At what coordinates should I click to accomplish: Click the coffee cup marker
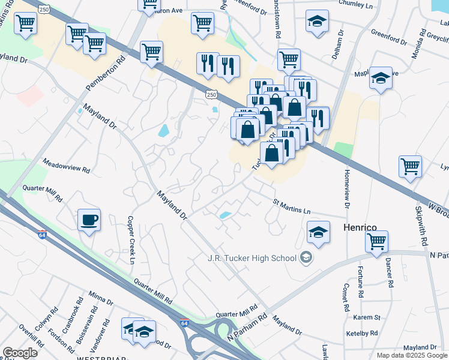point(89,220)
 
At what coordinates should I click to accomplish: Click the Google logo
point(20,353)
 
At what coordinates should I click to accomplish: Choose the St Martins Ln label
point(292,207)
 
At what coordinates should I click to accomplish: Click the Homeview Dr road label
point(346,187)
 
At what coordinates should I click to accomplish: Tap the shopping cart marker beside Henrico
point(376,241)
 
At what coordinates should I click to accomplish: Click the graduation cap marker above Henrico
point(318,232)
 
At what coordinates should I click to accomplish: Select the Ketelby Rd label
point(361,333)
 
